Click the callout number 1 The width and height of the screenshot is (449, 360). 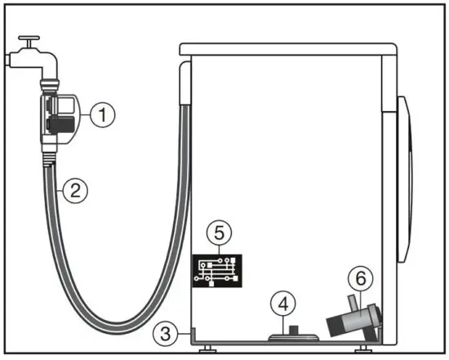(100, 115)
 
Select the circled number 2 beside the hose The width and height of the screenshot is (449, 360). (73, 191)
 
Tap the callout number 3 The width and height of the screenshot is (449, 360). (166, 332)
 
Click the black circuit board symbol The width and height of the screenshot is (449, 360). (216, 270)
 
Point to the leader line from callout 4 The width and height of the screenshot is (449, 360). (283, 319)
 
